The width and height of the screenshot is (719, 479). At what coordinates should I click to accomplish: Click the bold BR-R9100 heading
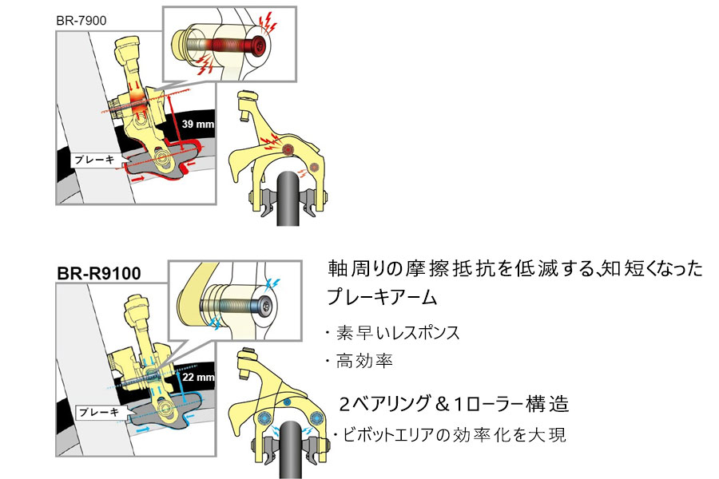99,273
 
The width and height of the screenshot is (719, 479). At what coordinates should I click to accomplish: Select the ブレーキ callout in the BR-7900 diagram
95,160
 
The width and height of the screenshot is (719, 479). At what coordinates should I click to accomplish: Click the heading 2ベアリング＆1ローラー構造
454,404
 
